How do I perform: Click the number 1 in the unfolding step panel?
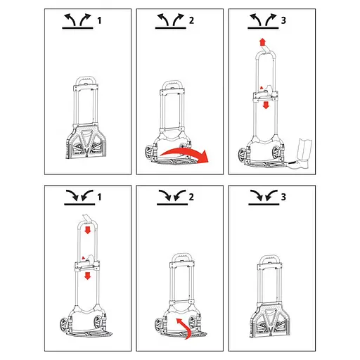(99, 20)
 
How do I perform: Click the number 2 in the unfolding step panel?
(191, 20)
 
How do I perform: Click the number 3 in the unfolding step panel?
(283, 20)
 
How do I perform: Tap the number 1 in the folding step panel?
(99, 197)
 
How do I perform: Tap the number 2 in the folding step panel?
(191, 197)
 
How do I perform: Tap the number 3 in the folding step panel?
(283, 197)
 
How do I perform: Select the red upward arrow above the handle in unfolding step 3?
(262, 43)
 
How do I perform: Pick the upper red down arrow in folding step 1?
(88, 230)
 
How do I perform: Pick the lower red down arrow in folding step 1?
(88, 276)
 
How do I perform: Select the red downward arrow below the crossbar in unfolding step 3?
(266, 105)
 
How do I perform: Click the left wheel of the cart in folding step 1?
(64, 324)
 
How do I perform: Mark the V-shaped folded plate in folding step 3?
(269, 321)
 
